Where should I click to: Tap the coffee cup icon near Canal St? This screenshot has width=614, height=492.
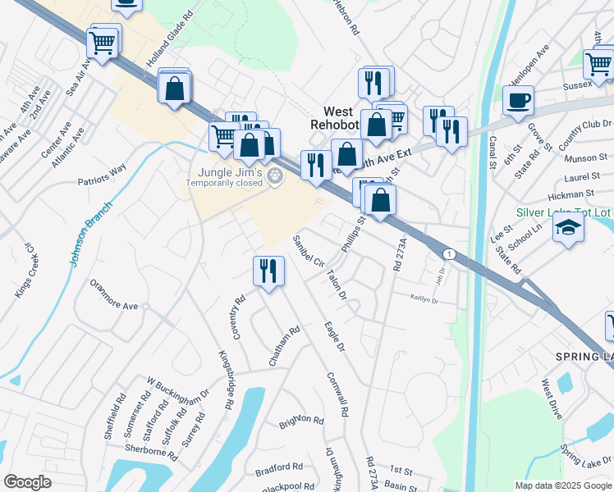[x=517, y=102]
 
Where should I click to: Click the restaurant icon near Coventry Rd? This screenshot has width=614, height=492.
[x=268, y=271]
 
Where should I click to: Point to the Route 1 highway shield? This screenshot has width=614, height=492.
[x=449, y=253]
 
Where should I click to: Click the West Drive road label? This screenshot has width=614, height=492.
[x=552, y=399]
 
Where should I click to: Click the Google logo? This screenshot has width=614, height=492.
[x=27, y=482]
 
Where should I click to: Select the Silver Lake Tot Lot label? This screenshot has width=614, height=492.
[x=563, y=212]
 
